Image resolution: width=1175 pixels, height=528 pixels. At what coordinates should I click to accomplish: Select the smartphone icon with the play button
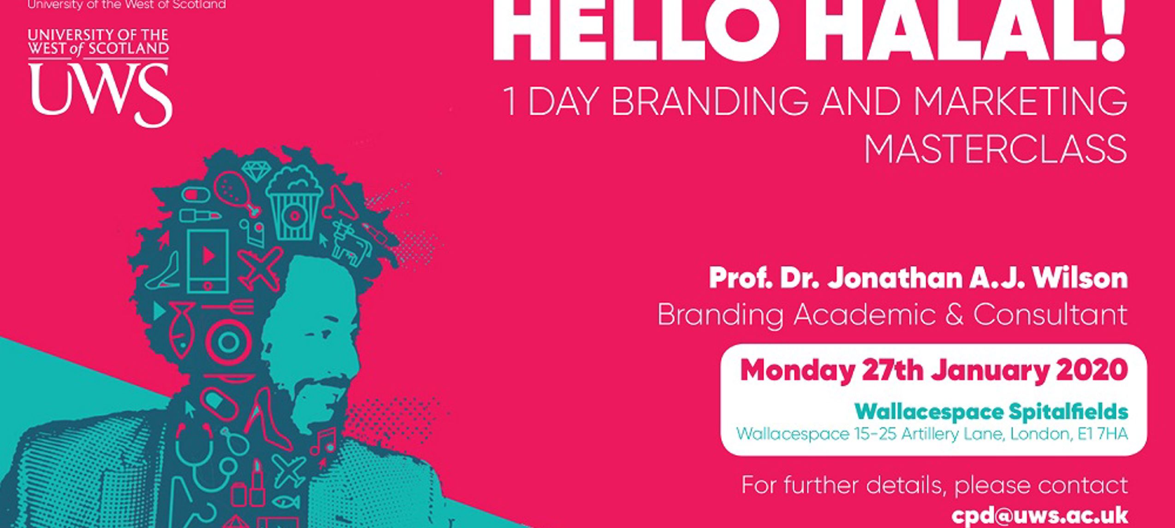tap(208, 261)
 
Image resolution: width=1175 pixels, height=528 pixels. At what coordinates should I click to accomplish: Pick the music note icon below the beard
tap(324, 441)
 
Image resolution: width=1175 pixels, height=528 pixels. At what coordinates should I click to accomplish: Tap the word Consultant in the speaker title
tap(1050, 315)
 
